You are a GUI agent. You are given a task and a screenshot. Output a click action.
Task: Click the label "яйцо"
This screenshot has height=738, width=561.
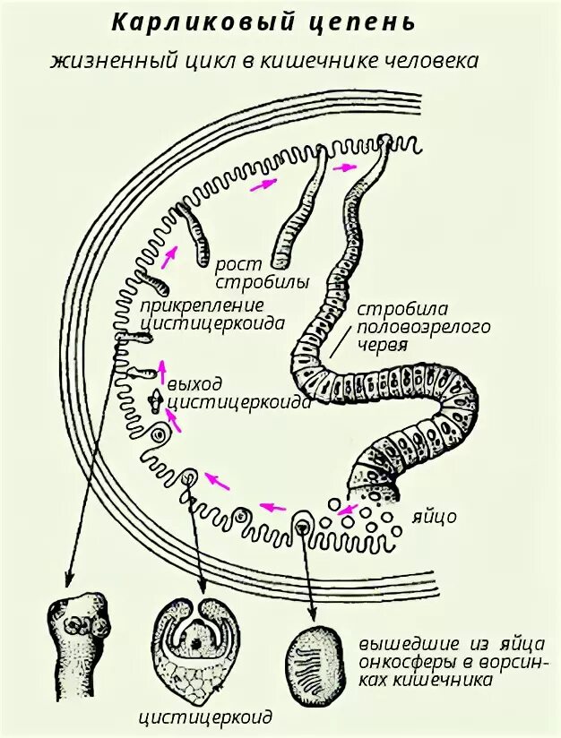click(436, 518)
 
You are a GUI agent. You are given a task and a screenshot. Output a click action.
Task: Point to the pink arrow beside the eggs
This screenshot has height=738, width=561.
click(345, 511)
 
